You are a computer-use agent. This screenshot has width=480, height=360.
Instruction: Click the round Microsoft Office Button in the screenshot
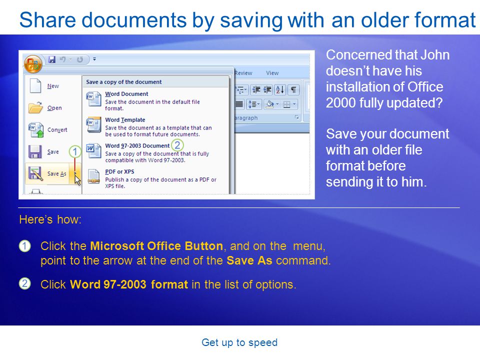tap(33, 63)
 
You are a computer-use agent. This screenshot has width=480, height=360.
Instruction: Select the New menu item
tap(44, 86)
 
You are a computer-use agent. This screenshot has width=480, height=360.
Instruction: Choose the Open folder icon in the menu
tap(36, 108)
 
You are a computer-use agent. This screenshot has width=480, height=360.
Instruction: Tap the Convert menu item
tap(48, 130)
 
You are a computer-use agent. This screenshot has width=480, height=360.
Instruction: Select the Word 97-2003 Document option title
tap(137, 145)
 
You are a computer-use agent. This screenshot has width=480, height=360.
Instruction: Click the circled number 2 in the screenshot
tap(177, 145)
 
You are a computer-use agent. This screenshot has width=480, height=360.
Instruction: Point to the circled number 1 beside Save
tap(74, 151)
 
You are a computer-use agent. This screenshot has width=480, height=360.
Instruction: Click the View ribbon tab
tap(272, 73)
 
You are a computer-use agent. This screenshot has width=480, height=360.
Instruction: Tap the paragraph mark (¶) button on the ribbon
tap(293, 89)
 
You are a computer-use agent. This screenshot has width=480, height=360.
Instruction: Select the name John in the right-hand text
tap(434, 55)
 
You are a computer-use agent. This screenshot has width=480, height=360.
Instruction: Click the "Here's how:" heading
tap(50, 219)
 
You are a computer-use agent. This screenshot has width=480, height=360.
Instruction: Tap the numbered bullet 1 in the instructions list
tap(25, 246)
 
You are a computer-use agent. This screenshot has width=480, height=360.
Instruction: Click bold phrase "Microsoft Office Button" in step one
tap(156, 246)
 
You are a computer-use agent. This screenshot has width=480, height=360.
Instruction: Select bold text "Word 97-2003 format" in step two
tap(129, 284)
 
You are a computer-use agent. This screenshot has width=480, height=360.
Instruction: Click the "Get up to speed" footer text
tap(239, 342)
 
